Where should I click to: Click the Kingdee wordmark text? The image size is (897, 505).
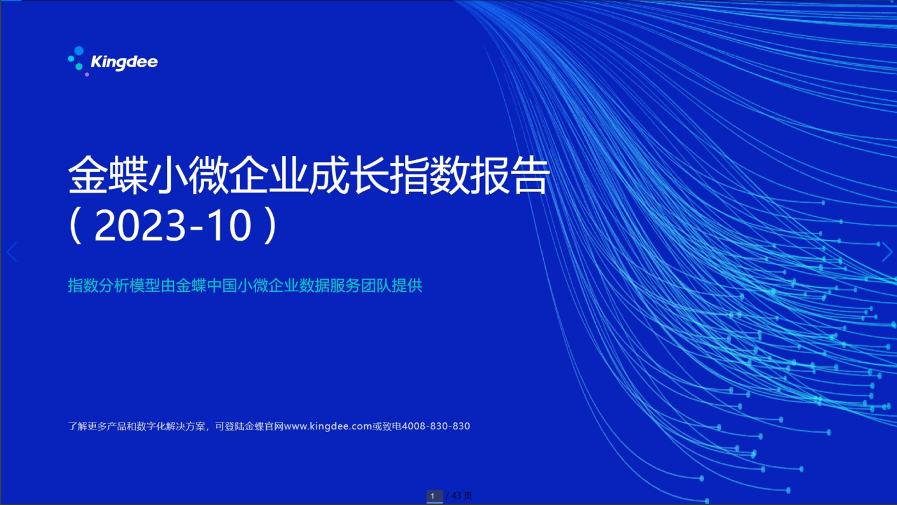point(124,63)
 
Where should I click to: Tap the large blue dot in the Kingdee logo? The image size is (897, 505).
point(79,51)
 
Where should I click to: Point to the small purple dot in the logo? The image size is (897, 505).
point(86,74)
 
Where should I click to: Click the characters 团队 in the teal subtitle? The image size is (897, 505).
point(376,285)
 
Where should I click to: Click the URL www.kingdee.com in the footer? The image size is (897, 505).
point(328,426)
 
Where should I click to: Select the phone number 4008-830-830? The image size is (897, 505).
point(436,426)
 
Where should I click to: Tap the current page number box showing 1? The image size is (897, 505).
point(434,496)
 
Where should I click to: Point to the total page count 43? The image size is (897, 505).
point(456,496)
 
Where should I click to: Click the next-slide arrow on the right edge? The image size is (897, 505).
point(887,252)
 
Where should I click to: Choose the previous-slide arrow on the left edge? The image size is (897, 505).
point(12,252)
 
